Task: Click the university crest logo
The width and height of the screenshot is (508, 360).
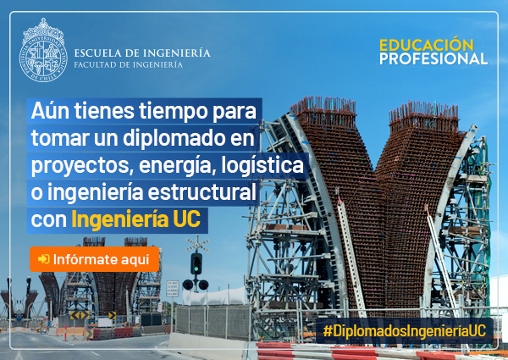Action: (43, 50)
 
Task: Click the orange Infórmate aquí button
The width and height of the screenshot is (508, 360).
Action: (94, 259)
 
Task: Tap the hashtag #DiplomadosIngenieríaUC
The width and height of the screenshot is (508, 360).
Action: (405, 331)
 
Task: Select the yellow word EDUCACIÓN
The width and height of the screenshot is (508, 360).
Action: (427, 45)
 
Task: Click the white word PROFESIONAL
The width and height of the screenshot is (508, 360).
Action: (433, 58)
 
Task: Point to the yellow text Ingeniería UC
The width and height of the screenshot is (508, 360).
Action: (136, 219)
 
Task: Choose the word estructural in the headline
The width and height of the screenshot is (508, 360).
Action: (202, 192)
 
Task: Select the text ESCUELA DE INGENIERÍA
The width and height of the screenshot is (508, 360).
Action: (142, 53)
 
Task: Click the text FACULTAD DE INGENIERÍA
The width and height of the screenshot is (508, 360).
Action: (129, 65)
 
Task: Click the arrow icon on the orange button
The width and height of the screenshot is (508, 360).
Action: (44, 259)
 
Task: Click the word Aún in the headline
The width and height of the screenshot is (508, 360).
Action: (50, 111)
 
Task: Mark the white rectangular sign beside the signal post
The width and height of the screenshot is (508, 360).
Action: (173, 288)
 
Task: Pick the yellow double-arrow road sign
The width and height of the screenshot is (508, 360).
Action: (80, 315)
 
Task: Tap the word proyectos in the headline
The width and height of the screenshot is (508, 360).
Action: (82, 166)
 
